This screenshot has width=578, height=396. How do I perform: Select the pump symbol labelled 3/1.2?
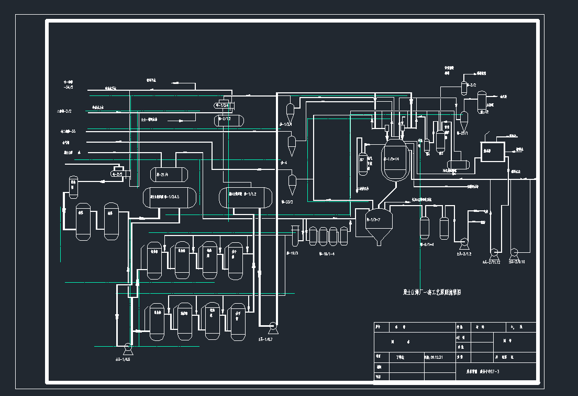pos(463,243)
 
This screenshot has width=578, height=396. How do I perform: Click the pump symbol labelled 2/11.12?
pos(493,251)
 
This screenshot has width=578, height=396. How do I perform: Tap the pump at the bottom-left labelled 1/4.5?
pos(127,347)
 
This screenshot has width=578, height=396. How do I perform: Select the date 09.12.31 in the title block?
pos(433,357)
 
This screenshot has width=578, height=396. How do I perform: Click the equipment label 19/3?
pos(292,253)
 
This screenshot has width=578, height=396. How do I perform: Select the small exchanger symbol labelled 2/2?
pos(118,172)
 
